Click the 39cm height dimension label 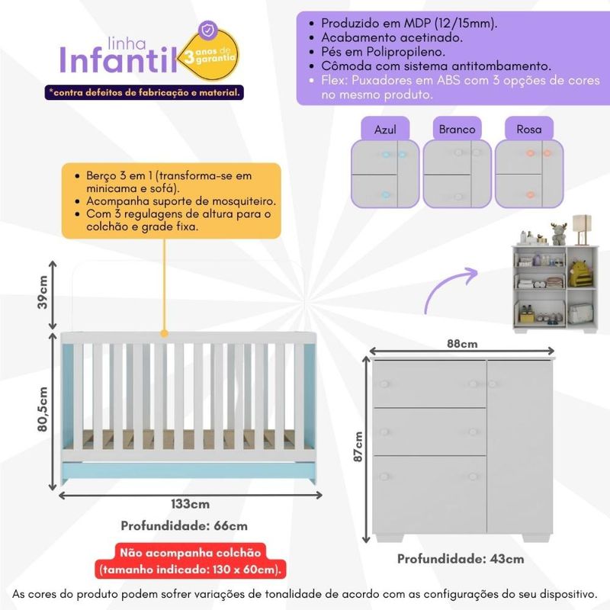click(42, 292)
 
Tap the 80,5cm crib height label click(42, 409)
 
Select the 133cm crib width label click(190, 504)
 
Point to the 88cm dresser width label click(462, 344)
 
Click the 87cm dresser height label click(358, 447)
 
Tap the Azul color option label click(385, 129)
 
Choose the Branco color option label click(457, 129)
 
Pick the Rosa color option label click(529, 129)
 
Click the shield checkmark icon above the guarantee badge click(208, 30)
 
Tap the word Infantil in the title click(118, 60)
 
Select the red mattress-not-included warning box click(191, 561)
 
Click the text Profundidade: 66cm click(184, 525)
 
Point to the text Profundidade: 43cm click(461, 559)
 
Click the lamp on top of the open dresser click(582, 230)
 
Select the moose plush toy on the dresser click(559, 234)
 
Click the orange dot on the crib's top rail click(164, 333)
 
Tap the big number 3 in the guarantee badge click(189, 57)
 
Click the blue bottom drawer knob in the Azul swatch click(386, 194)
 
